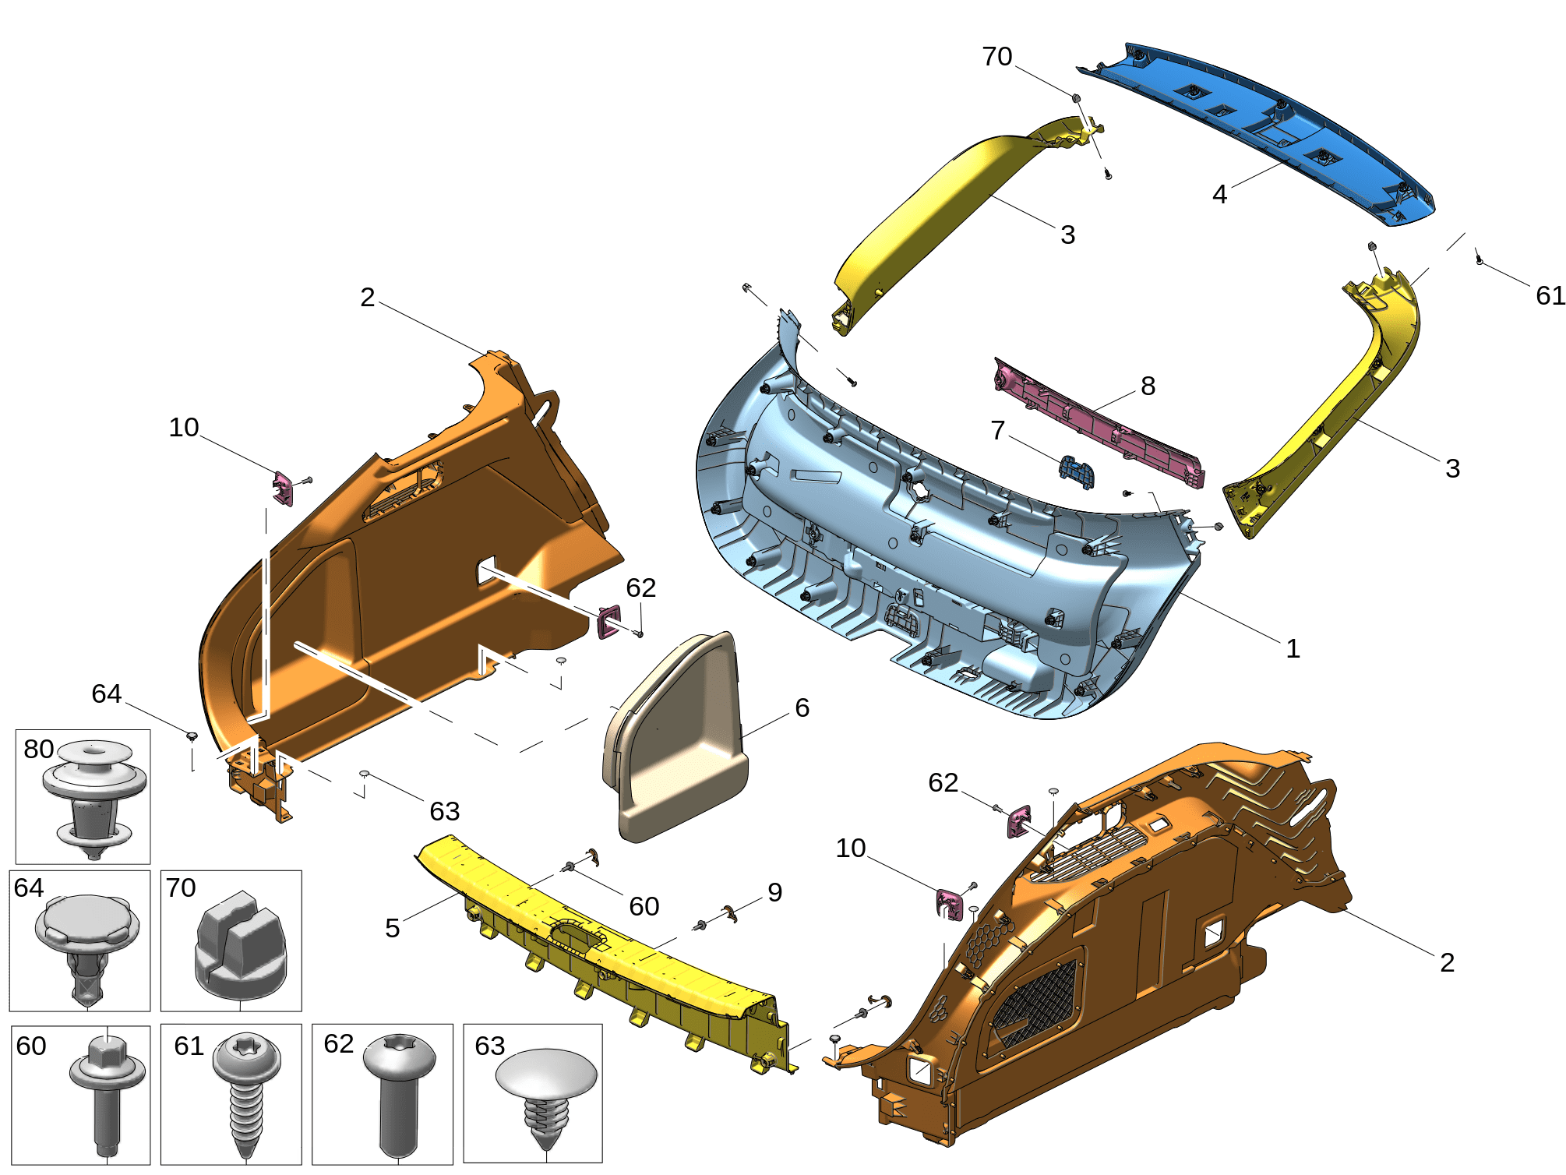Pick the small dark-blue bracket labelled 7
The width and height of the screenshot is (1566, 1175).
point(1077,471)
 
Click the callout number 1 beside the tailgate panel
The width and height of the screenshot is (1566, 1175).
point(1293,648)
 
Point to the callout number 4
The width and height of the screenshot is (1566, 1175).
point(1219,194)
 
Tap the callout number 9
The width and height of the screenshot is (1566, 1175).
point(774,892)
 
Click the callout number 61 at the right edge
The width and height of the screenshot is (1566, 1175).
point(1550,295)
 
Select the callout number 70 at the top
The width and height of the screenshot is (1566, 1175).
point(996,57)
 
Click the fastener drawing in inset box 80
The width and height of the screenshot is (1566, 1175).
point(93,799)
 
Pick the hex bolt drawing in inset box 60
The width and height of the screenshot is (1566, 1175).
point(107,1091)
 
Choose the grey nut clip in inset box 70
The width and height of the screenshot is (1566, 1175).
point(239,947)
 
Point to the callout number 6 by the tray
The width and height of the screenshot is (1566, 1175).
point(802,707)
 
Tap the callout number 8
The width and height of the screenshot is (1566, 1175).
point(1148,386)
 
